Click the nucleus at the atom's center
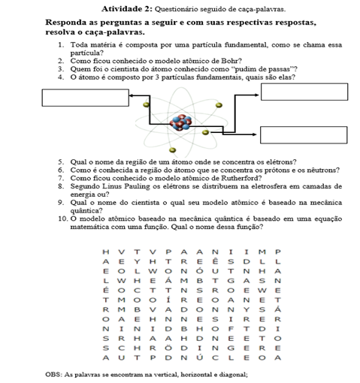click(180, 122)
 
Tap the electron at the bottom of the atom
click(173, 150)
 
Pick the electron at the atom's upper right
click(219, 105)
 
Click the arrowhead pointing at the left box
click(131, 95)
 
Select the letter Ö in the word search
click(168, 348)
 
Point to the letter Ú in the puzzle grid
click(199, 357)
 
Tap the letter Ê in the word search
click(215, 261)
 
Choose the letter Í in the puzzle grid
click(168, 300)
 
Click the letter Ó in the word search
click(200, 271)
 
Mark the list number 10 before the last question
click(62, 219)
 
